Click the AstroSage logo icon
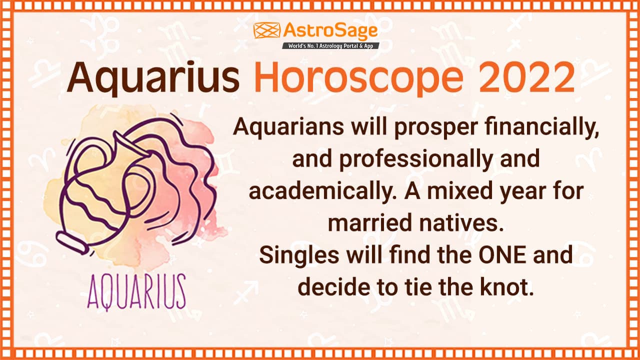point(266,30)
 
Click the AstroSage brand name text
point(330,31)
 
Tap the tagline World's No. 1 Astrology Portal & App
point(330,45)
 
